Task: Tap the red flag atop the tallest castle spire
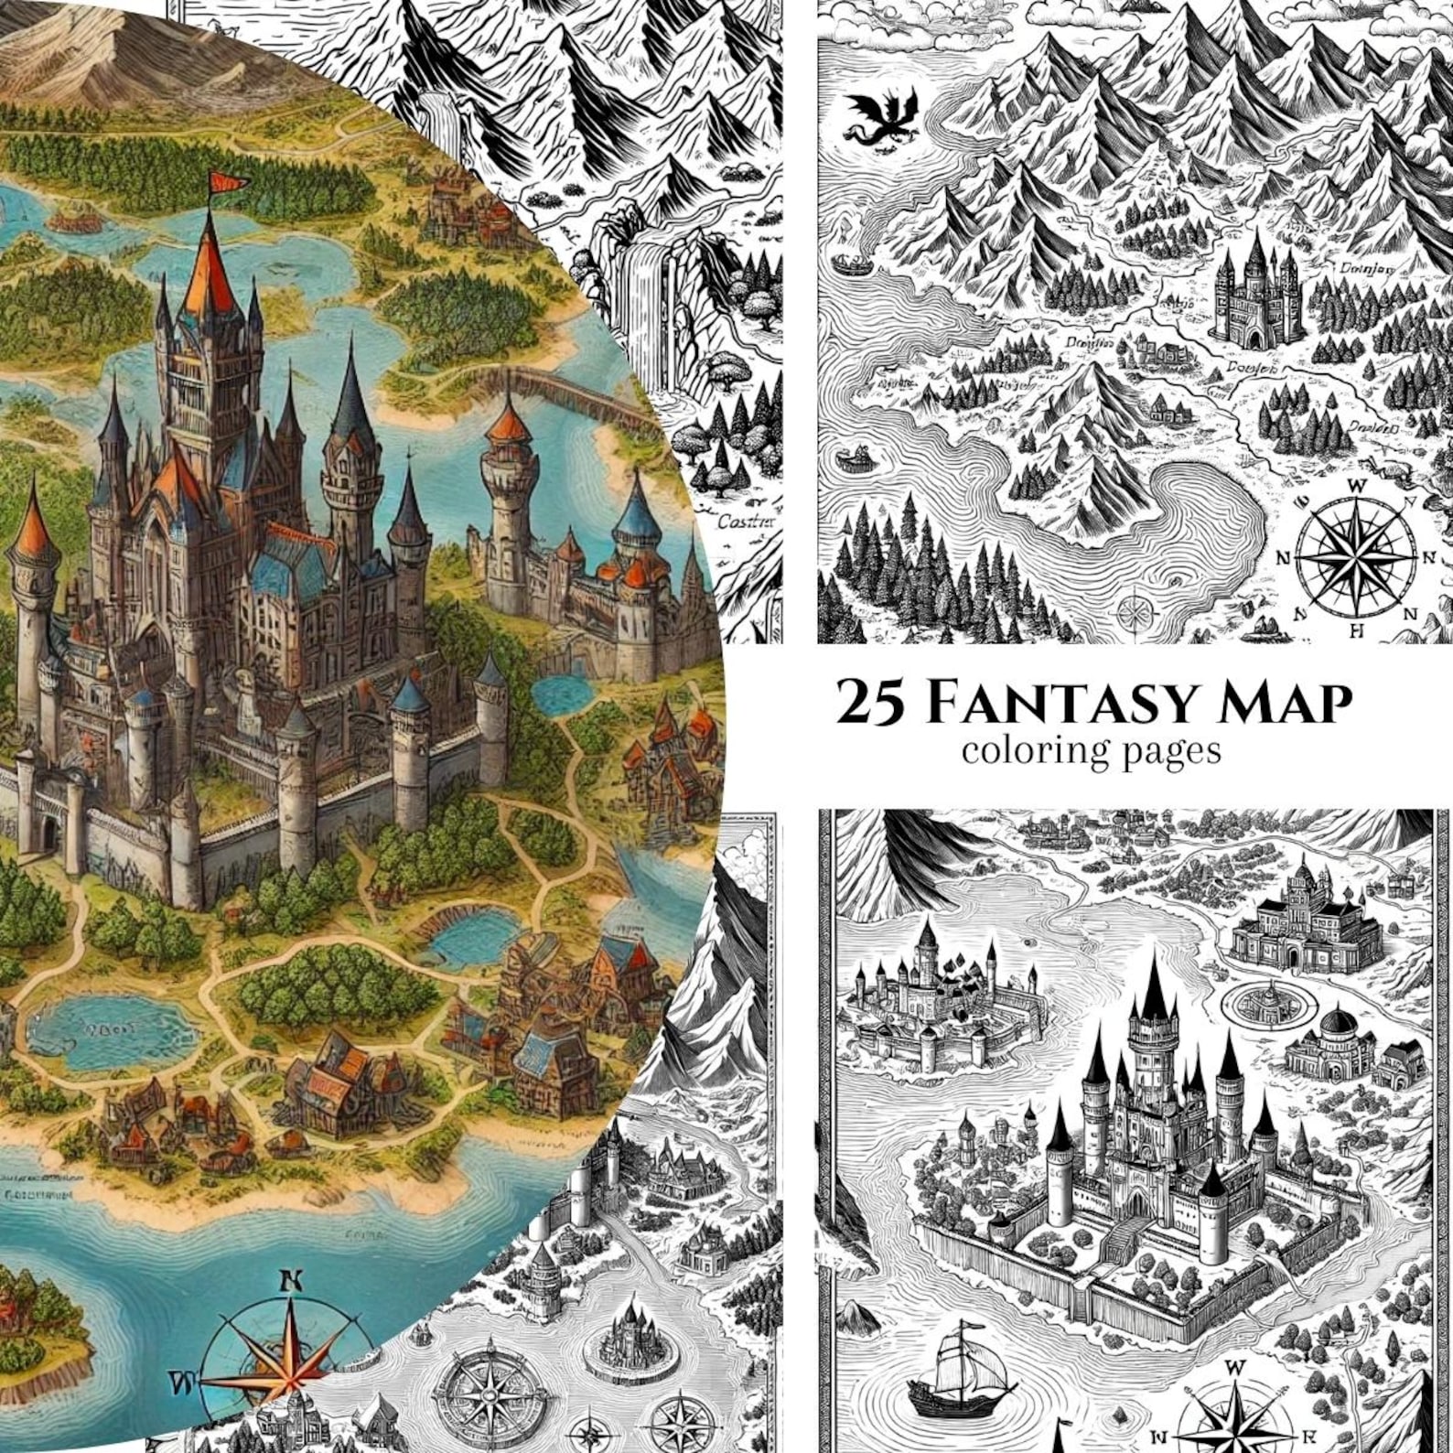(222, 182)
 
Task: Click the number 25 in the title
(872, 704)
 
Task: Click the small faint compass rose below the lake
(1135, 608)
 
